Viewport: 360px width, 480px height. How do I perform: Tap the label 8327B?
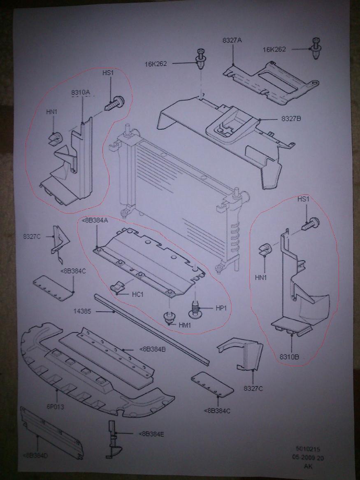coord(291,119)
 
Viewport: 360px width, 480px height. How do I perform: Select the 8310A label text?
coord(81,93)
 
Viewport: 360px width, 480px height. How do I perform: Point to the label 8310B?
coord(290,357)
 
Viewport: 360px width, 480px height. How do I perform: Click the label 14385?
coord(83,312)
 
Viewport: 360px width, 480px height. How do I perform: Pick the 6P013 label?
coord(55,407)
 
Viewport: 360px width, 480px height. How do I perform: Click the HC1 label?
coord(137,295)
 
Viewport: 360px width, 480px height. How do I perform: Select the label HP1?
coord(221,308)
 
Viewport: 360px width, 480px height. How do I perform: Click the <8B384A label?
coord(95,221)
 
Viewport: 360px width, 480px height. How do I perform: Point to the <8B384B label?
coord(153,349)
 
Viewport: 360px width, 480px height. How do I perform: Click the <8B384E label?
coord(151,433)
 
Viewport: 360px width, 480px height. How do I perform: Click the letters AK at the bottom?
coord(308,466)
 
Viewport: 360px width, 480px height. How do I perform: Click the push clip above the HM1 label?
coord(169,317)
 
